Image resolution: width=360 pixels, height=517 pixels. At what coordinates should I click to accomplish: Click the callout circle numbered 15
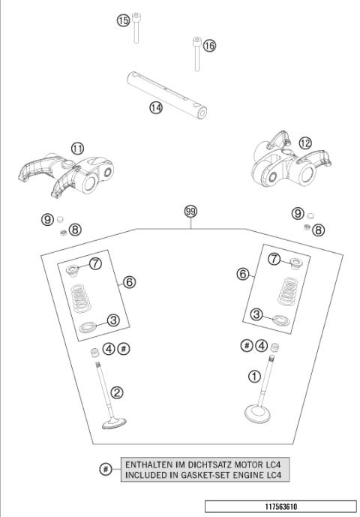tap(123, 21)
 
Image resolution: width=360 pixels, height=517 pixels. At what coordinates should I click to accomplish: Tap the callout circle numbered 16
tap(209, 46)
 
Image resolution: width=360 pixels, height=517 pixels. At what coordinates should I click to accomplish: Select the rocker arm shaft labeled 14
tap(166, 95)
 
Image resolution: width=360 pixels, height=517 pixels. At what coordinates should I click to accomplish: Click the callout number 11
tap(77, 149)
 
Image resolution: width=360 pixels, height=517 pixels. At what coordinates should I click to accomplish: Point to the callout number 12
tap(305, 143)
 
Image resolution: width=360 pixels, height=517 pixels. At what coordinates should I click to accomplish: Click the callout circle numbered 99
tap(190, 212)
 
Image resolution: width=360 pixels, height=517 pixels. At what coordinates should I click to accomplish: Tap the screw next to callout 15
tap(136, 28)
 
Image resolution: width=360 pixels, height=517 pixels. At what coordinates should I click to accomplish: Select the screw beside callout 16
tap(196, 54)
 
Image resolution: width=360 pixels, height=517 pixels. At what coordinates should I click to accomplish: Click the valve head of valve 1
tap(257, 414)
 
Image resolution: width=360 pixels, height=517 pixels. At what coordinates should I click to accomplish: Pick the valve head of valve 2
tap(114, 423)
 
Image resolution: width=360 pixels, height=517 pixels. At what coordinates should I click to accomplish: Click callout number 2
tap(117, 392)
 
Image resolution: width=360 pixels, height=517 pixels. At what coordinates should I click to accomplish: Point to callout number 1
tap(254, 376)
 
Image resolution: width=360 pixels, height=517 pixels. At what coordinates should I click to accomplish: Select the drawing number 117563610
tap(281, 506)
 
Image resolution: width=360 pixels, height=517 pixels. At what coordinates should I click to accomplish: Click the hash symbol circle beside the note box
tap(106, 469)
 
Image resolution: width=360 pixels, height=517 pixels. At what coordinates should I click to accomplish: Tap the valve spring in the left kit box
tap(81, 299)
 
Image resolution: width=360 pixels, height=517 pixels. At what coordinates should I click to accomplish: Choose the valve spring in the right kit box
tap(288, 291)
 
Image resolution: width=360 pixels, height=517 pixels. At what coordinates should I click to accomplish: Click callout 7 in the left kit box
tap(95, 263)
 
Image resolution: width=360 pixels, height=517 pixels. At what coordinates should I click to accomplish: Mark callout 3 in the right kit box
tap(256, 314)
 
